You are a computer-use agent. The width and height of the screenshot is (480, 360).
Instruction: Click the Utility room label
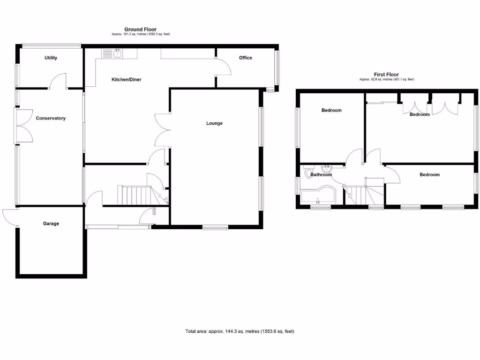pyautogui.click(x=51, y=58)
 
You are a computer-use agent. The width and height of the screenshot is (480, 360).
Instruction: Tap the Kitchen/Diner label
pyautogui.click(x=126, y=80)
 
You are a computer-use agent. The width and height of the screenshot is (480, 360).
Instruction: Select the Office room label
pyautogui.click(x=245, y=58)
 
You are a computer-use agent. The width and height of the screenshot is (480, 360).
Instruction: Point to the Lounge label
pyautogui.click(x=214, y=124)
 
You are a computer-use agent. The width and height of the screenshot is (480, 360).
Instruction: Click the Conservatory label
pyautogui.click(x=51, y=119)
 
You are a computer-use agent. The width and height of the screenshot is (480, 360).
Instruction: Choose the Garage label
pyautogui.click(x=51, y=224)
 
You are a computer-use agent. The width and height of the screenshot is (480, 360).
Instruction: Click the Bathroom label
pyautogui.click(x=321, y=175)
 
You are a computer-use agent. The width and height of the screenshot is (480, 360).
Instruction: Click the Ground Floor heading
pyautogui.click(x=140, y=29)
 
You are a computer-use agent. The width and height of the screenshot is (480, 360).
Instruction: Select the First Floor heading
pyautogui.click(x=386, y=75)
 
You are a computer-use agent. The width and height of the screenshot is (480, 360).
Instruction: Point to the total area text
pyautogui.click(x=240, y=331)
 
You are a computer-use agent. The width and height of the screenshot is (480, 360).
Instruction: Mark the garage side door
pyautogui.click(x=10, y=217)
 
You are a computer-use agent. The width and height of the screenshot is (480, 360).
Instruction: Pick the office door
pyautogui.click(x=224, y=67)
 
